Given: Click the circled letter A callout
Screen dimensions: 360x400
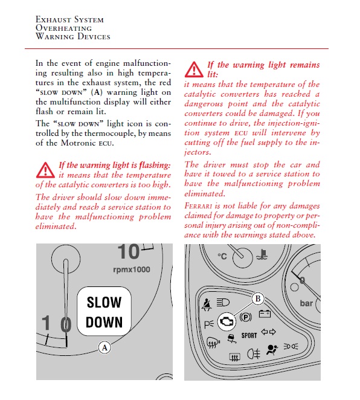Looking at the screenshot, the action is point(104,347).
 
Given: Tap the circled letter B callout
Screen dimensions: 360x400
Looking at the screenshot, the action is point(258,298).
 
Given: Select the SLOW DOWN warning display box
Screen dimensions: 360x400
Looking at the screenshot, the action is point(104,311).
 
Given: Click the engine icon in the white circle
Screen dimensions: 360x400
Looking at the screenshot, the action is point(227,321).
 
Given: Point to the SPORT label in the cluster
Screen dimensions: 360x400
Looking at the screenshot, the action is point(249,335).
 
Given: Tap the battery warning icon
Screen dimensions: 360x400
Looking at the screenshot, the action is point(265,314).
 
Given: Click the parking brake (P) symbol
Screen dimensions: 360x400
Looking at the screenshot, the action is point(246,317).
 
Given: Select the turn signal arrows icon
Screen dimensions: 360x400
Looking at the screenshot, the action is point(268,332).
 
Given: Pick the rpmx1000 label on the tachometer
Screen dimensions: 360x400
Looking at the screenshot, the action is point(132,269).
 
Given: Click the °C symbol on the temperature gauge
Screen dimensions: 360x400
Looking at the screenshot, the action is point(222,256).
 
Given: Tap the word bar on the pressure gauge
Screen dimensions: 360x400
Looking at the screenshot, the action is point(306,303).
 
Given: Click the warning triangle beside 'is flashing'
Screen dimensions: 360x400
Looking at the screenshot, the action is point(45,170).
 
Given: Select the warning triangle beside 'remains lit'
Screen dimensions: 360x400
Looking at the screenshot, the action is point(194,69).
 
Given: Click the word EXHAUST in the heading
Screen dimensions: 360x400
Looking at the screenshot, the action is point(53,19).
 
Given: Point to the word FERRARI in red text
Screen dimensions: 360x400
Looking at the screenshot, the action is point(198,206).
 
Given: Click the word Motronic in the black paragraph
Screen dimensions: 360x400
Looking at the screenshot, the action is point(78,143).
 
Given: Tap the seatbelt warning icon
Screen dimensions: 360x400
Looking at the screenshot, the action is point(207,305).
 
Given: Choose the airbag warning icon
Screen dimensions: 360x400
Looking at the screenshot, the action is point(272,349).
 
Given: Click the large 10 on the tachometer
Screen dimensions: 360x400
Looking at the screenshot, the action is point(129,251).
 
